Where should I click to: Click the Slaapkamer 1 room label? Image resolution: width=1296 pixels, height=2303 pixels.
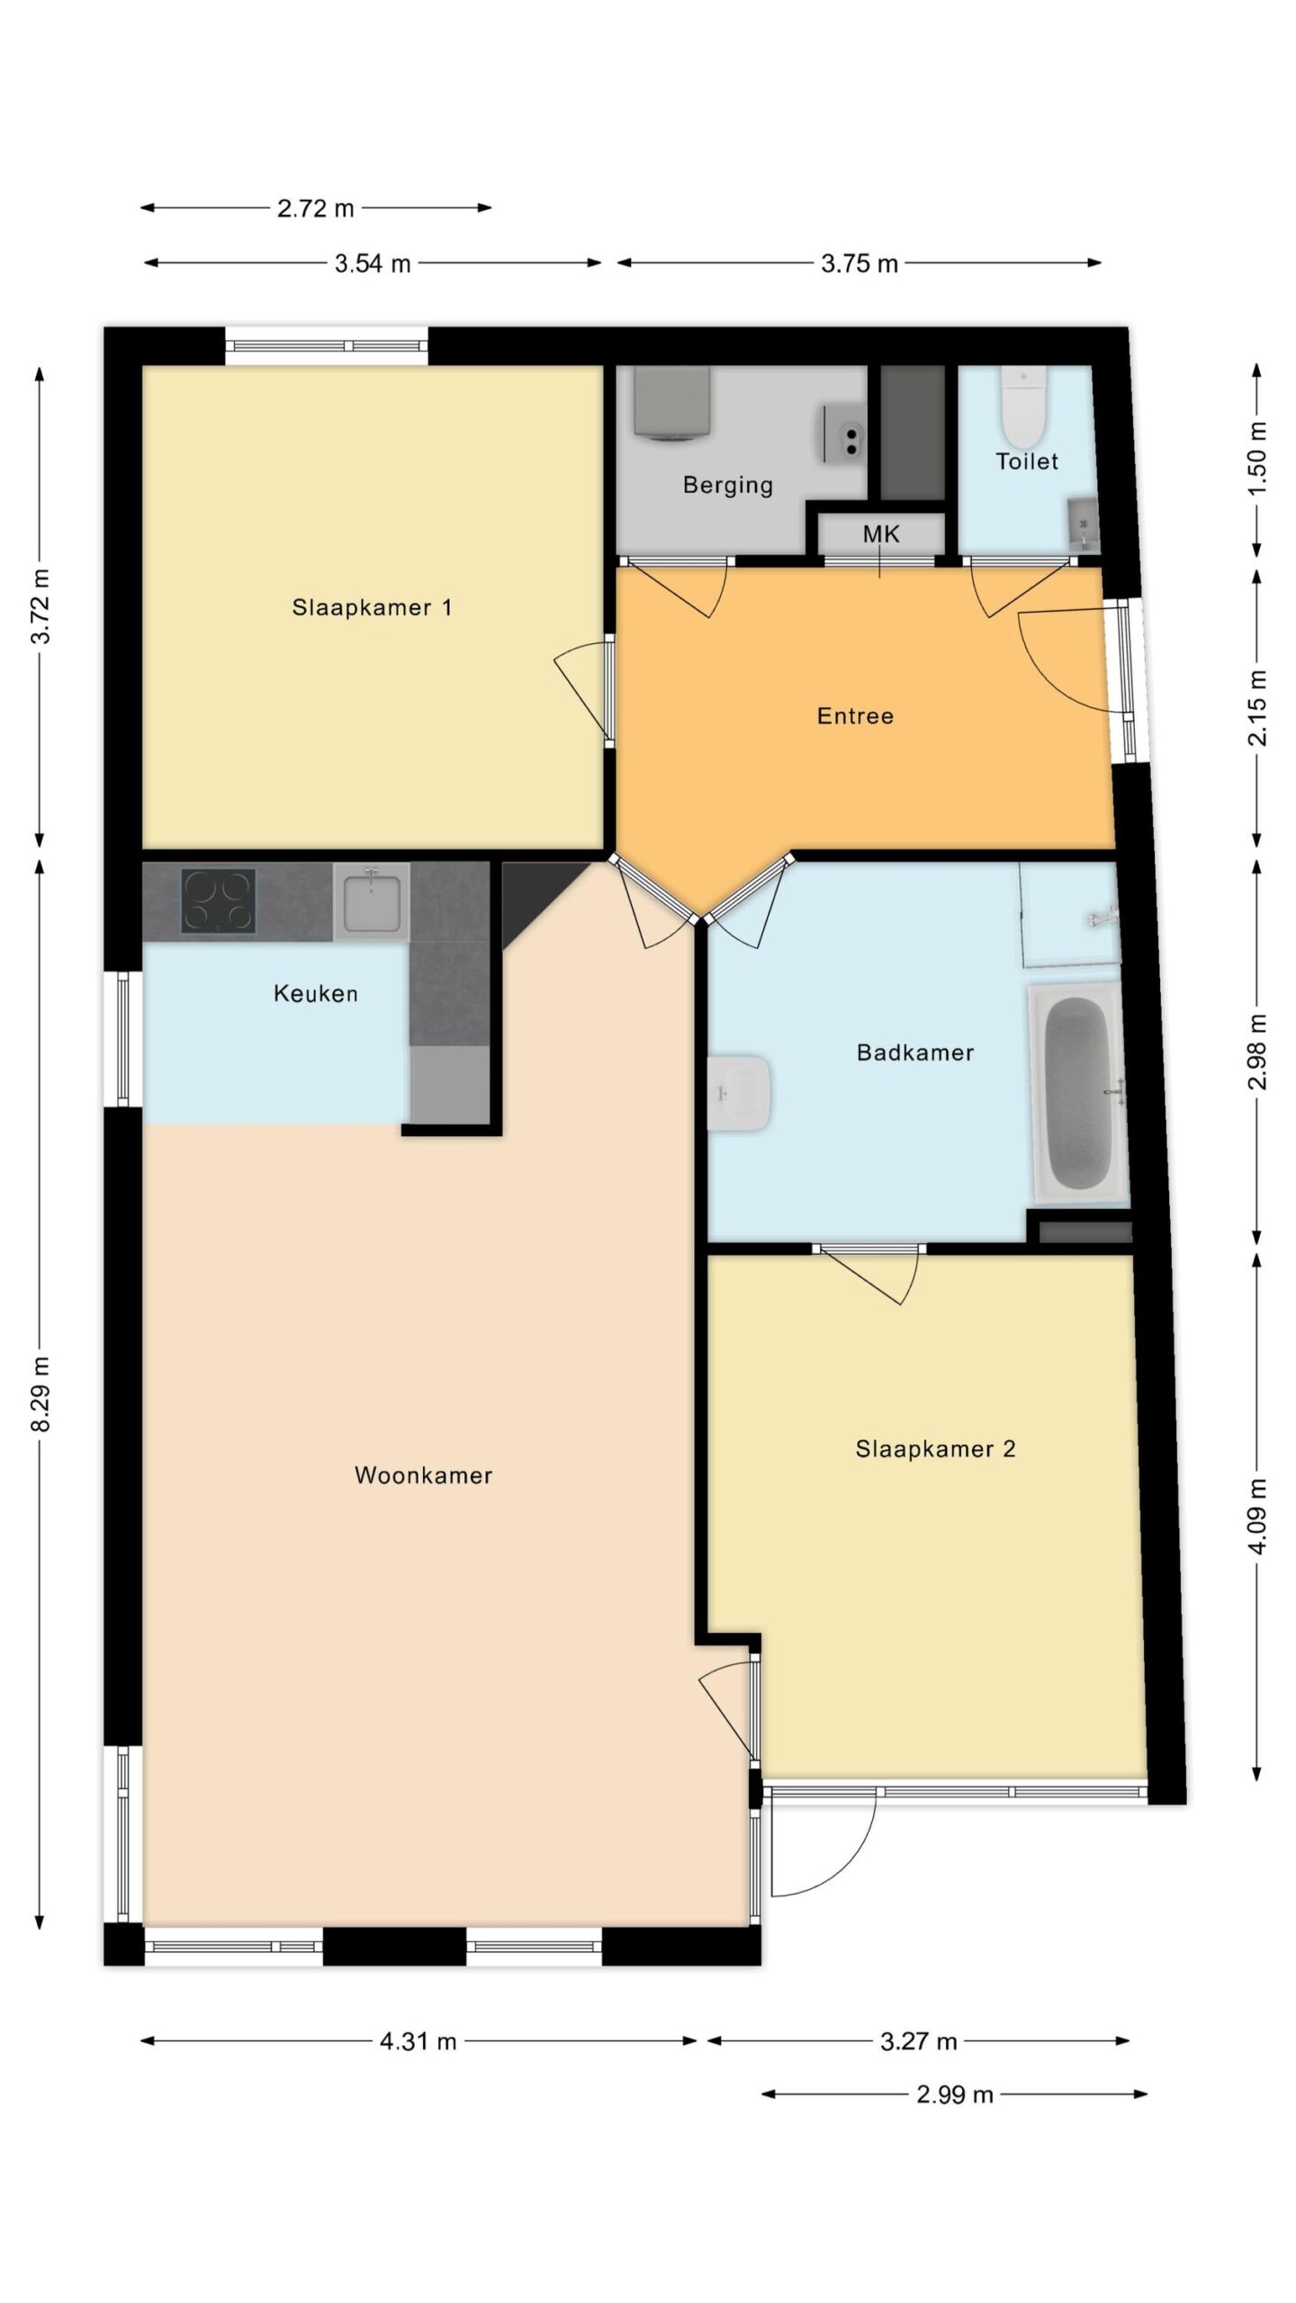pyautogui.click(x=372, y=607)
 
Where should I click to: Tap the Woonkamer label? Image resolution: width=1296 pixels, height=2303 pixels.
pyautogui.click(x=423, y=1475)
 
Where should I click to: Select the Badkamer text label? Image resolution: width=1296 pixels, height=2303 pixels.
pyautogui.click(x=915, y=1053)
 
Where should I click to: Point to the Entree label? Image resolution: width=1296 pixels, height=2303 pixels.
pyautogui.click(x=855, y=716)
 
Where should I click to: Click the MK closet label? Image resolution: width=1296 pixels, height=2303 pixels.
pyautogui.click(x=881, y=534)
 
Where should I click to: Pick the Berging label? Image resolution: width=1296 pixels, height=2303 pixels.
pyautogui.click(x=728, y=486)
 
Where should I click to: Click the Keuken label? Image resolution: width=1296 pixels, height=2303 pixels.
pyautogui.click(x=316, y=994)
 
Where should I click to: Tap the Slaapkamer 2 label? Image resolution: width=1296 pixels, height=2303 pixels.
pyautogui.click(x=935, y=1449)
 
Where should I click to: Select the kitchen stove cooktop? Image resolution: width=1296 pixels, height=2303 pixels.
pyautogui.click(x=219, y=900)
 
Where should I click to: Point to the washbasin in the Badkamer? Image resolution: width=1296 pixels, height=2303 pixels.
pyautogui.click(x=739, y=1093)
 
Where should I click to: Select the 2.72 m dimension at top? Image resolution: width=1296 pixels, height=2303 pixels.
pyautogui.click(x=316, y=209)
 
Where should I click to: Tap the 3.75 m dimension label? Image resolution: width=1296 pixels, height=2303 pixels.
pyautogui.click(x=859, y=264)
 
